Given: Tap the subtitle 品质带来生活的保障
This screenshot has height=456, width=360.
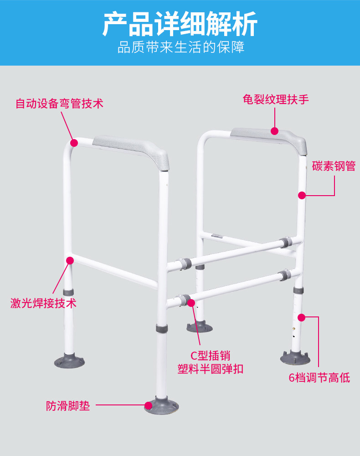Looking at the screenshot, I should [180, 47].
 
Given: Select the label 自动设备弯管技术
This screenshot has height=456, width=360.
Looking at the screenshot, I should [60, 104].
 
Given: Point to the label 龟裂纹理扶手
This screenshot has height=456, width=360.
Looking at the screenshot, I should [276, 99].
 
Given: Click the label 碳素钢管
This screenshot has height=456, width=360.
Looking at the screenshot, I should [334, 166].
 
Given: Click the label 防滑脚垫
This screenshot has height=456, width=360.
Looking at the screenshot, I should [68, 405].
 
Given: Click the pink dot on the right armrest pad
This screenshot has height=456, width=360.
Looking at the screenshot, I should [274, 131].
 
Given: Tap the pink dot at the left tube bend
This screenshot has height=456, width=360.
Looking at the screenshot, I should [74, 143].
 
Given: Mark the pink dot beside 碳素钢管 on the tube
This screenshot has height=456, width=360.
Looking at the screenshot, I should [302, 195].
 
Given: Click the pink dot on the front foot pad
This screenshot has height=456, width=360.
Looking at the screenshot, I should [148, 405].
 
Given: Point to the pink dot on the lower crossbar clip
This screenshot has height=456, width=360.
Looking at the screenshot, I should [191, 302].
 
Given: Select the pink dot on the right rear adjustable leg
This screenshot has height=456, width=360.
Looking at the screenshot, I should [301, 317].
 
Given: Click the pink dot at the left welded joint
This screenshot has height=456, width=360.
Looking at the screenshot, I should [70, 260].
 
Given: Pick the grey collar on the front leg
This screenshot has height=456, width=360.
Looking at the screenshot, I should [162, 328].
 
